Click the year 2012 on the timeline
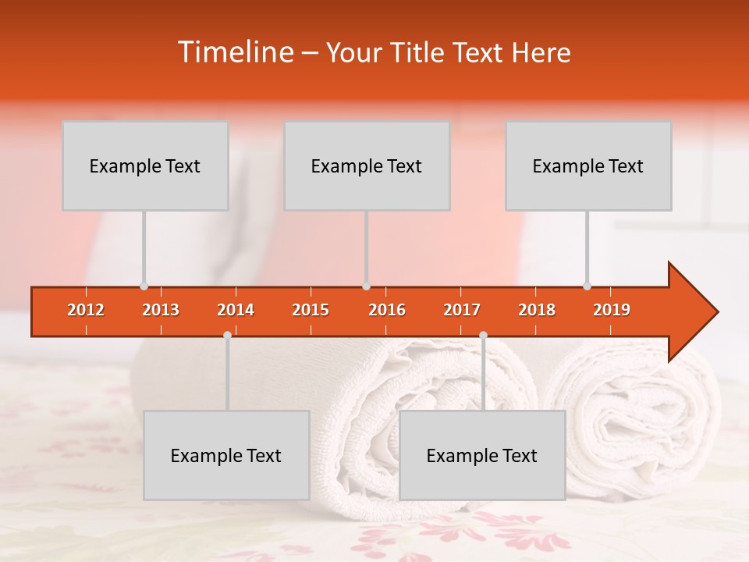(86, 310)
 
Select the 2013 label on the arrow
(161, 310)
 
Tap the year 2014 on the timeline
(236, 310)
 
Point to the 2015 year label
(311, 310)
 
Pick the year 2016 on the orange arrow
(387, 310)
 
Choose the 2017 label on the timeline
(462, 310)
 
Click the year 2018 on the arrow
(537, 310)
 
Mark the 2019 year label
(612, 310)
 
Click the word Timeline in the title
(234, 52)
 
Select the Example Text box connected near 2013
(145, 165)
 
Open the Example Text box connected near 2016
(367, 165)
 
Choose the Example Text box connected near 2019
(588, 165)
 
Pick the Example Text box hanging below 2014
(226, 455)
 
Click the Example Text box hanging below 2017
(482, 455)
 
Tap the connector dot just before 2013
(144, 286)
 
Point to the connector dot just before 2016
(366, 286)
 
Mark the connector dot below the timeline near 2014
(227, 335)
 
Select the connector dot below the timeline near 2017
(483, 335)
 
